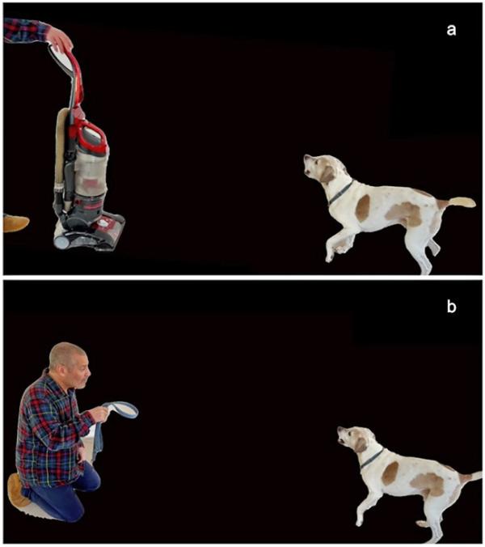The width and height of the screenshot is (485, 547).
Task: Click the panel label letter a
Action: (451, 30)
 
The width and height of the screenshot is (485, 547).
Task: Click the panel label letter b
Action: (452, 306)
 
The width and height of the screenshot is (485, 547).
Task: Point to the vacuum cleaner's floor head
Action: (90, 233)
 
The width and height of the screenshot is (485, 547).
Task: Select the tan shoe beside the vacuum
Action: (15, 223)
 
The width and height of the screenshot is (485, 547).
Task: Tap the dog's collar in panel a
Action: (340, 193)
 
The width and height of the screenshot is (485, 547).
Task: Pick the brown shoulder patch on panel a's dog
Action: (363, 207)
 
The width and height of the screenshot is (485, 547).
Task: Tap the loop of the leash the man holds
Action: (121, 409)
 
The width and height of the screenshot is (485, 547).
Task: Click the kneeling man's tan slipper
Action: (19, 490)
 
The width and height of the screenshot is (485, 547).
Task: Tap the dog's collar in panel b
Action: (371, 459)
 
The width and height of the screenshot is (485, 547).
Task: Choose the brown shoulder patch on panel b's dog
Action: (390, 473)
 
